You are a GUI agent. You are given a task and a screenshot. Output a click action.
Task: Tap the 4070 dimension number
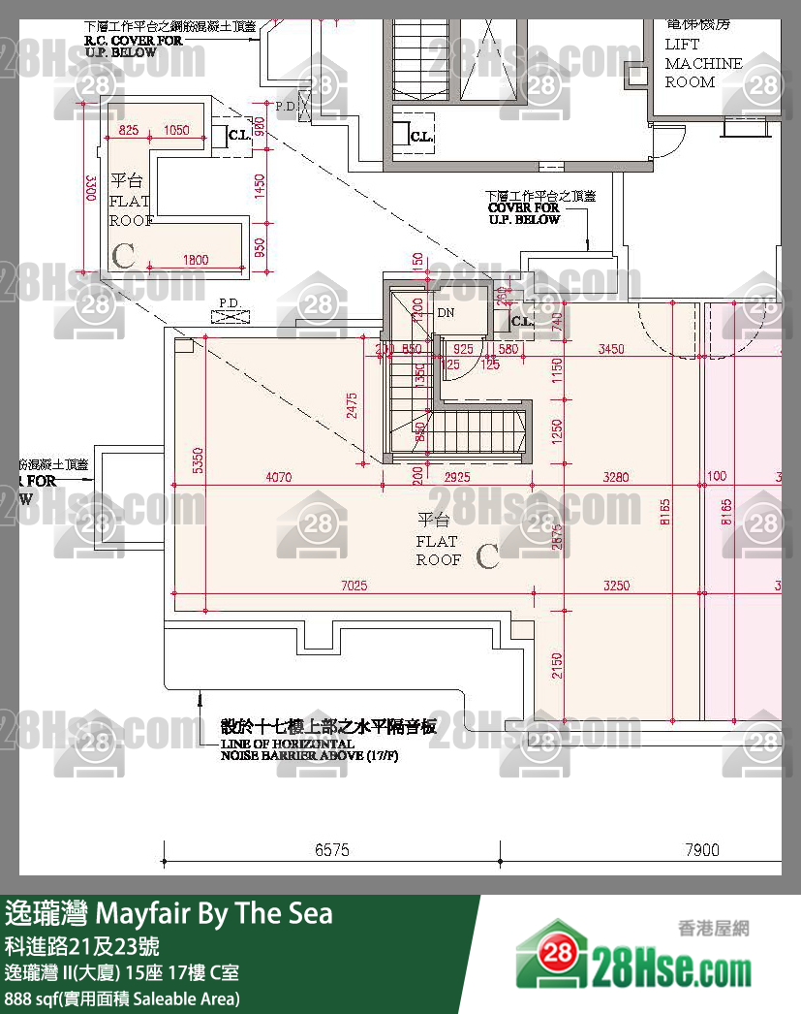click(278, 476)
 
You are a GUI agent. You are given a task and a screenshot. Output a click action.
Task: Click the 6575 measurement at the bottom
click(331, 850)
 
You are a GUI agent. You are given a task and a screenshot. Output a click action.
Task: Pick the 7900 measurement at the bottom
click(702, 850)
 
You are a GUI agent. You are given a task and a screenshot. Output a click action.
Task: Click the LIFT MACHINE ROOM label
click(703, 63)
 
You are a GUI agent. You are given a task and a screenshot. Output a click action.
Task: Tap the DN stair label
click(446, 313)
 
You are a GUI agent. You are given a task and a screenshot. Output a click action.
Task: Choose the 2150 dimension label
click(557, 665)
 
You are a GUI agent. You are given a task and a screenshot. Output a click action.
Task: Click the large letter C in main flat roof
click(487, 556)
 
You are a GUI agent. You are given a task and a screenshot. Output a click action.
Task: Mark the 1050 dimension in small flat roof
click(176, 130)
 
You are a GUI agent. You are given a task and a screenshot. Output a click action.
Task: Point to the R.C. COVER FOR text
click(133, 42)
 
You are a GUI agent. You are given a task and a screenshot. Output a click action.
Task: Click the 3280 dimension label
click(616, 476)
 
